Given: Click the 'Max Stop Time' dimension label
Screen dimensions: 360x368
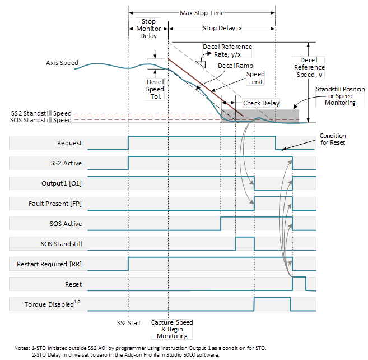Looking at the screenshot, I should point(201,12).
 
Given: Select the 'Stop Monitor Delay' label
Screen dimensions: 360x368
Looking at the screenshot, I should point(148,29).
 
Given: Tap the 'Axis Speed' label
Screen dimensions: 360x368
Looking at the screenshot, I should point(62,63).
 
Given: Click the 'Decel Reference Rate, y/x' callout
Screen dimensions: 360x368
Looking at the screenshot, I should point(226,50).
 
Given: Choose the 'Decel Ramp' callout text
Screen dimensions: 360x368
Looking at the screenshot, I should point(235,66).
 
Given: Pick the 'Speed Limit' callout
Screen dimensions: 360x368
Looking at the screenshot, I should point(255,77).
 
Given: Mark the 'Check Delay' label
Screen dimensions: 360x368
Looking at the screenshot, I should point(260,104).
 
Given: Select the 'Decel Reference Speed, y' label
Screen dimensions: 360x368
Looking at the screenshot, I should point(309,67).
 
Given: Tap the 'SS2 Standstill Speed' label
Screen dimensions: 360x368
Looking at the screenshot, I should point(41,113).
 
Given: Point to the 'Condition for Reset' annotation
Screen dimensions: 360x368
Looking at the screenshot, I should point(333,139).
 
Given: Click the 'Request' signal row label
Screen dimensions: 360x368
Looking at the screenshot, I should point(69,143).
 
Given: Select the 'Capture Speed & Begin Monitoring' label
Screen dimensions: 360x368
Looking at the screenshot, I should point(173,330).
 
